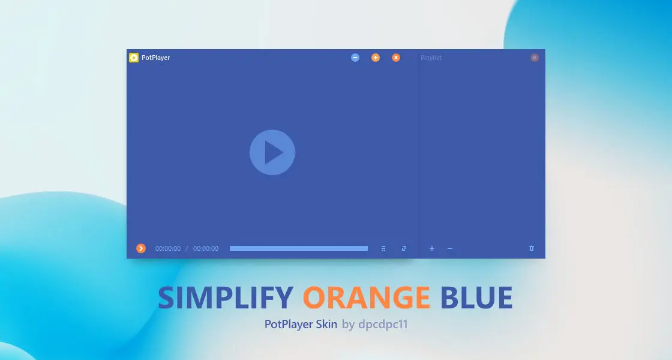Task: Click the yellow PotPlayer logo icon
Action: click(x=134, y=58)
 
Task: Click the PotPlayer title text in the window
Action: click(x=155, y=58)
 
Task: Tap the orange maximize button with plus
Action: click(x=376, y=58)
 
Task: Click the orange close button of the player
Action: click(x=396, y=58)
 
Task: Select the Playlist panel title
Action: click(x=431, y=58)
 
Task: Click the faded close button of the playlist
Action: click(x=535, y=58)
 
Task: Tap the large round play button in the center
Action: click(x=272, y=152)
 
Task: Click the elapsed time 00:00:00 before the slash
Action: click(x=168, y=248)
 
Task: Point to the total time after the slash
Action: click(x=206, y=248)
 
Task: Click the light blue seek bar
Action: click(x=299, y=248)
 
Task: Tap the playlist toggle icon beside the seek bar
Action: click(x=383, y=248)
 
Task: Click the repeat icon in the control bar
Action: click(x=404, y=248)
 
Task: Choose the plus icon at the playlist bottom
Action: click(x=432, y=248)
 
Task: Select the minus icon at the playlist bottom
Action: click(x=450, y=248)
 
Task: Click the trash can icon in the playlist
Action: click(x=532, y=248)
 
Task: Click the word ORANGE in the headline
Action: click(x=367, y=298)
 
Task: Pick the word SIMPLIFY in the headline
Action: click(x=226, y=298)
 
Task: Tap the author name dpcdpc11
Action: click(x=383, y=324)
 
